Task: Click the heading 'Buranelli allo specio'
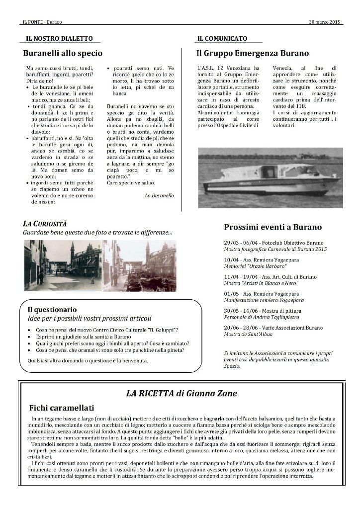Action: (x=63, y=53)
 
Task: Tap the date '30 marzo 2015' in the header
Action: (x=324, y=22)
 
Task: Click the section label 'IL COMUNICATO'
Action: (x=222, y=38)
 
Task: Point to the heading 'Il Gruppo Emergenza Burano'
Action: (x=253, y=53)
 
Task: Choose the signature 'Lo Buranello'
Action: (x=159, y=196)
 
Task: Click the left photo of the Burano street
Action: (x=62, y=265)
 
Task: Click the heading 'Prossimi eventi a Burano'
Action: (x=272, y=227)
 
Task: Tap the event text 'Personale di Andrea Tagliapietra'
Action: (x=262, y=318)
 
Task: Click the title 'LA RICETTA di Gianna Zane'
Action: (x=181, y=394)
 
